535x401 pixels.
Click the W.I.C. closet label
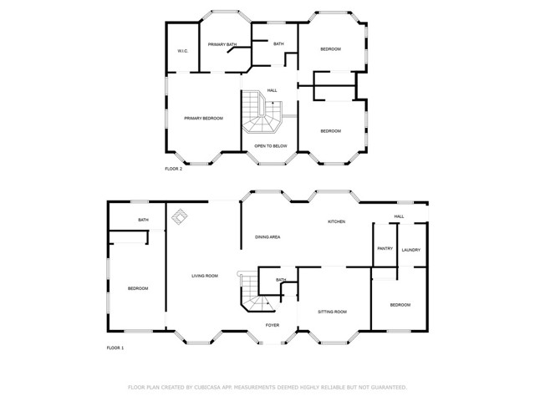tap(182, 52)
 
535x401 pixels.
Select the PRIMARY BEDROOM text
tap(204, 119)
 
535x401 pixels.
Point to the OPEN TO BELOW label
tap(271, 145)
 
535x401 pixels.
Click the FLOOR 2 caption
tap(174, 169)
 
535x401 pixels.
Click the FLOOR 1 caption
tap(115, 347)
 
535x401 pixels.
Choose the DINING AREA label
tap(267, 237)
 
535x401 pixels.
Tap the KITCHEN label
tap(336, 221)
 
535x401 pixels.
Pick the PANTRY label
tap(385, 249)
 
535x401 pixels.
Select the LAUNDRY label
tap(410, 250)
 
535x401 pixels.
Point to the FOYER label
tap(273, 325)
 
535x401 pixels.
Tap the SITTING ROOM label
tap(332, 312)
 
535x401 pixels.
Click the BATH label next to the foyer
tap(281, 280)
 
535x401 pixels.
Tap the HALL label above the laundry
tap(399, 216)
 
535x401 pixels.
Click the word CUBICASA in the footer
tap(205, 388)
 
